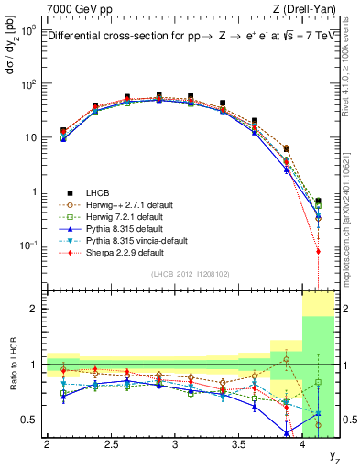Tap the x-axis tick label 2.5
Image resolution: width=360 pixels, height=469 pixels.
click(x=111, y=445)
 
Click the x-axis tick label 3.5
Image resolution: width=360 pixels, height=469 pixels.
click(x=240, y=445)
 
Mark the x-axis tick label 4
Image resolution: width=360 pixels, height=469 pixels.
click(x=304, y=445)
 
